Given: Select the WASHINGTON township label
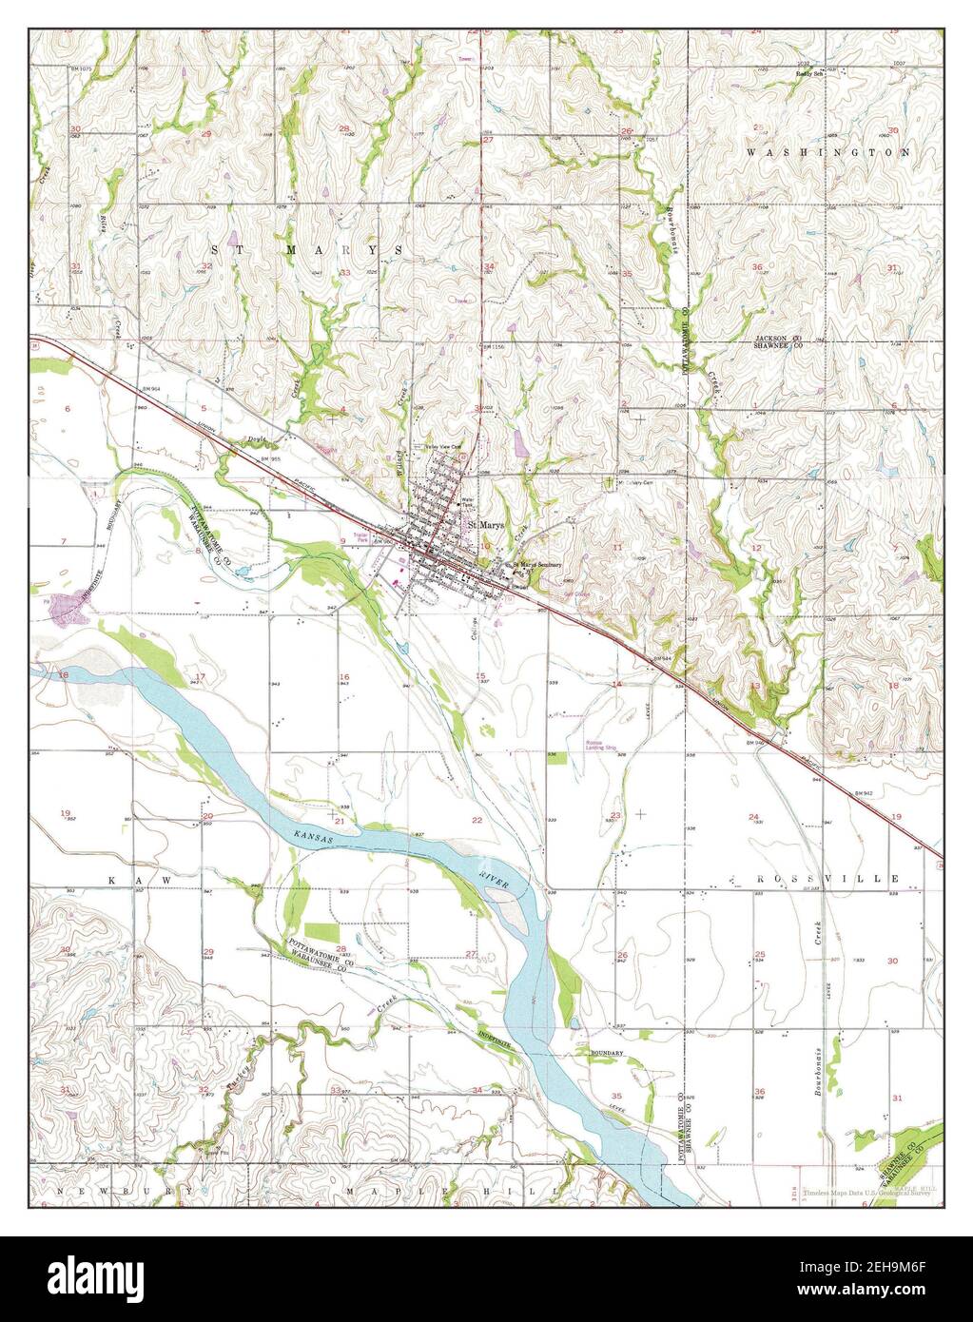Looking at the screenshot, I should click(x=828, y=152).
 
